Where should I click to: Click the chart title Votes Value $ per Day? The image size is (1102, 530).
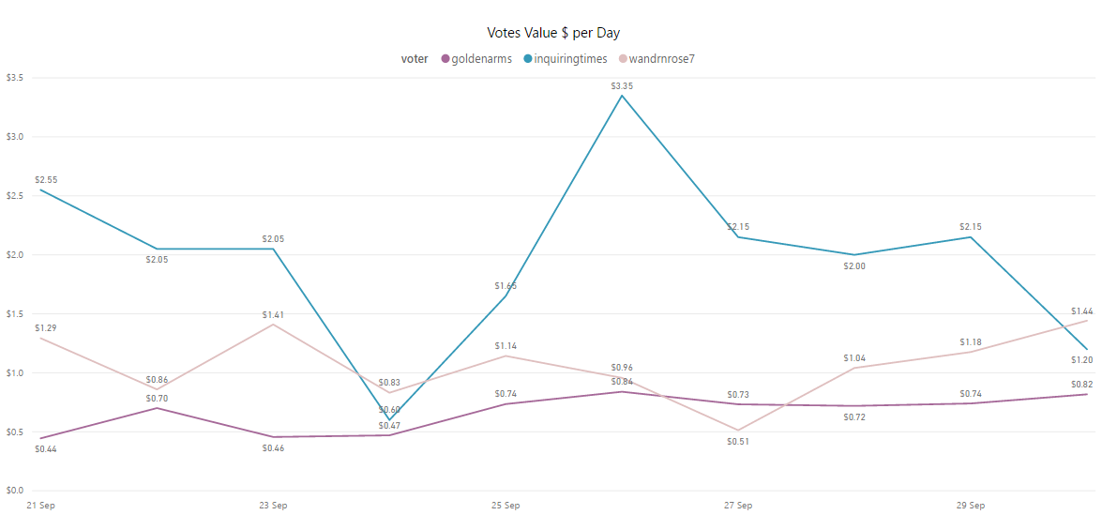(553, 33)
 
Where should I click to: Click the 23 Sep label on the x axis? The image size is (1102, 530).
(273, 506)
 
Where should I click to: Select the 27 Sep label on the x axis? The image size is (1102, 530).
(738, 506)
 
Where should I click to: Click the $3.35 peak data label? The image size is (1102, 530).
(622, 85)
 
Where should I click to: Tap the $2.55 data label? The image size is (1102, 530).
(46, 179)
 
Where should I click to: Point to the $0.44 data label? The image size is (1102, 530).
(46, 449)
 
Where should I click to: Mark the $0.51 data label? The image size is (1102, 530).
(738, 442)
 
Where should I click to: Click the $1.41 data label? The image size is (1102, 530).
(273, 315)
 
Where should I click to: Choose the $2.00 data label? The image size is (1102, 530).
(854, 266)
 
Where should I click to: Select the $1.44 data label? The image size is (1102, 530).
(1081, 311)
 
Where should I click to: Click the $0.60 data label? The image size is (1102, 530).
(389, 410)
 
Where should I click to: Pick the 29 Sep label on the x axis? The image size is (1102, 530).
(971, 506)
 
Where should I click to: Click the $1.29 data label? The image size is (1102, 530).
(46, 328)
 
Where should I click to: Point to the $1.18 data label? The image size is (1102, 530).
(971, 342)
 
